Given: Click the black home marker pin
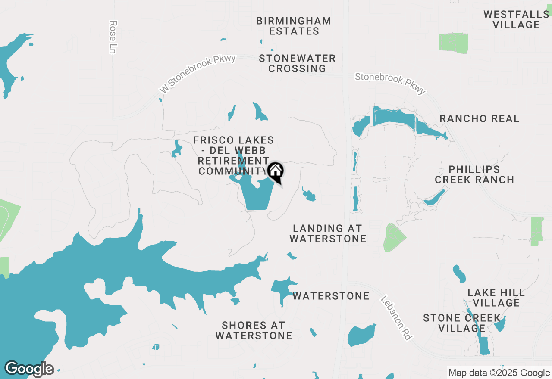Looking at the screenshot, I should click(x=276, y=171).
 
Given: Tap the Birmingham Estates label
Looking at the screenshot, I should click(x=294, y=26).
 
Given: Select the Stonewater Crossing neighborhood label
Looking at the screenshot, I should click(x=297, y=63).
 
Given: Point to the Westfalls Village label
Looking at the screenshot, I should click(x=516, y=19).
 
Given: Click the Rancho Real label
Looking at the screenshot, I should click(x=479, y=119).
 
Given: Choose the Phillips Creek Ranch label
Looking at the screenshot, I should click(x=474, y=174).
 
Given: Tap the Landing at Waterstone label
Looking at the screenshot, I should click(x=328, y=233).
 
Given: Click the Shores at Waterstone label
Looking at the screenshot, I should click(x=254, y=330).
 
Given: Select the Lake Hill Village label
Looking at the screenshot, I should click(x=496, y=298).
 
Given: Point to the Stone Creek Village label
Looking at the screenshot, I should click(x=461, y=323).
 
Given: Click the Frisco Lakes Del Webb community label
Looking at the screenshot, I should click(x=233, y=155).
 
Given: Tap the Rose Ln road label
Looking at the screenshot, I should click(x=113, y=37).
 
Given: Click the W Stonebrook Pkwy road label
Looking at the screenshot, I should click(x=198, y=74).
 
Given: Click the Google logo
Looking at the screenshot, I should click(x=29, y=369).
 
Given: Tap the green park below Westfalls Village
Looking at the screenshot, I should click(x=453, y=43).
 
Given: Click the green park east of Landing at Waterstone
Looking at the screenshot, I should click(x=393, y=238).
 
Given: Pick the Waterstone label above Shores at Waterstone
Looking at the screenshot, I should click(x=331, y=296).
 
